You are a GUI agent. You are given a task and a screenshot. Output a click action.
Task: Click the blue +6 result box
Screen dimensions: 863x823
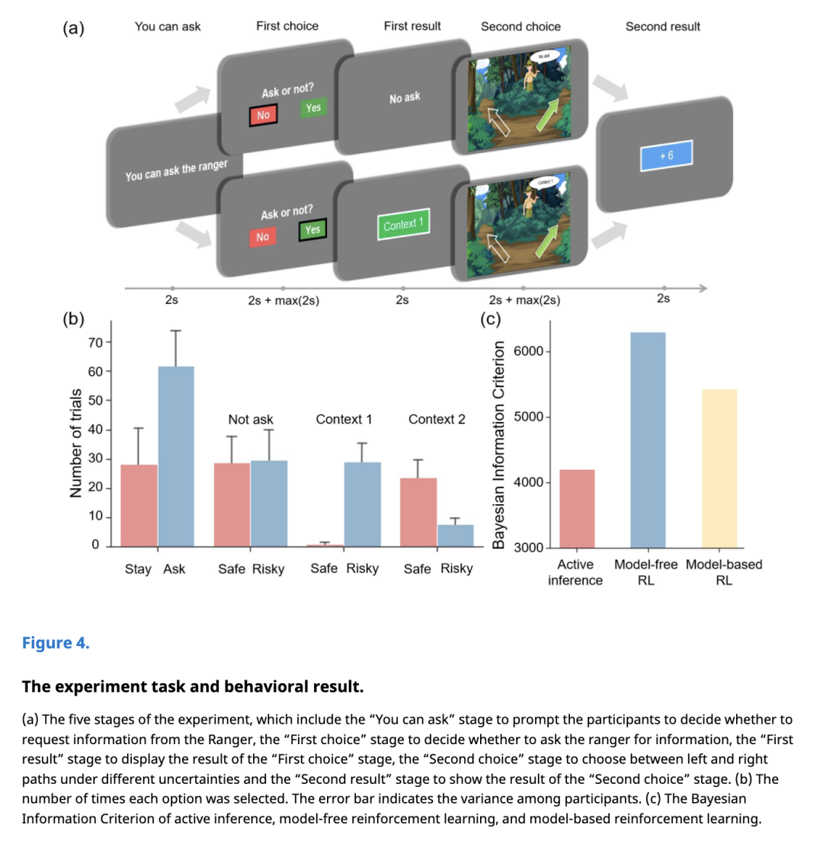click(666, 155)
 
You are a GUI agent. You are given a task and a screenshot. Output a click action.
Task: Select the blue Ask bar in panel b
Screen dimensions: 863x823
click(176, 456)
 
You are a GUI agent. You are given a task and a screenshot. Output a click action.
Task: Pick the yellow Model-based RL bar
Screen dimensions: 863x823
click(719, 468)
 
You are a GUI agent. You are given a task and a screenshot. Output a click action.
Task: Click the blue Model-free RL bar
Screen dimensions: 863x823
click(648, 439)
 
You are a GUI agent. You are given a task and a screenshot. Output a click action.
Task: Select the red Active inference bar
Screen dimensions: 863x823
click(577, 508)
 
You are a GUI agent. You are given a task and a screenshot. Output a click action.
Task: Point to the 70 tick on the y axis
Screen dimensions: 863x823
click(95, 342)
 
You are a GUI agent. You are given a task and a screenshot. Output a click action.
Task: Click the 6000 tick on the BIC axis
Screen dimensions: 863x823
click(529, 351)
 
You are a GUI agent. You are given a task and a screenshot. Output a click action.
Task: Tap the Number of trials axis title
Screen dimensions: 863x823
click(75, 443)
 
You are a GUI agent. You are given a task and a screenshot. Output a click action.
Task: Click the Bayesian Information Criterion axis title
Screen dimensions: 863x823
click(499, 444)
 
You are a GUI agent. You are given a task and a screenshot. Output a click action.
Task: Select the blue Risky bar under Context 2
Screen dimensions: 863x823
click(455, 535)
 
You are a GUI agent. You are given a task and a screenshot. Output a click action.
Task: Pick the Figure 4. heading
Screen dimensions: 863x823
click(56, 643)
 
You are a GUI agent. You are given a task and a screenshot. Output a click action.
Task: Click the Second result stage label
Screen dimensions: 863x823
click(662, 27)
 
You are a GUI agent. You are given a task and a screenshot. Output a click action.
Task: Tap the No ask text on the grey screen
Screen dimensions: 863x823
click(405, 97)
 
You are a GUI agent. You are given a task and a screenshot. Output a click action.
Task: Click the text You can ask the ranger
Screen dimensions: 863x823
click(176, 170)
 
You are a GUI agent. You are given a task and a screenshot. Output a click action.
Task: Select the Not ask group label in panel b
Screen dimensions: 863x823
click(251, 420)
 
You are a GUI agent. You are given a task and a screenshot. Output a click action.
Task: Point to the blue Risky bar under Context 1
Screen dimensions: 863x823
click(362, 504)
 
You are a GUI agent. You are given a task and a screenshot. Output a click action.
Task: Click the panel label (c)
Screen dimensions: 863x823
click(491, 319)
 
